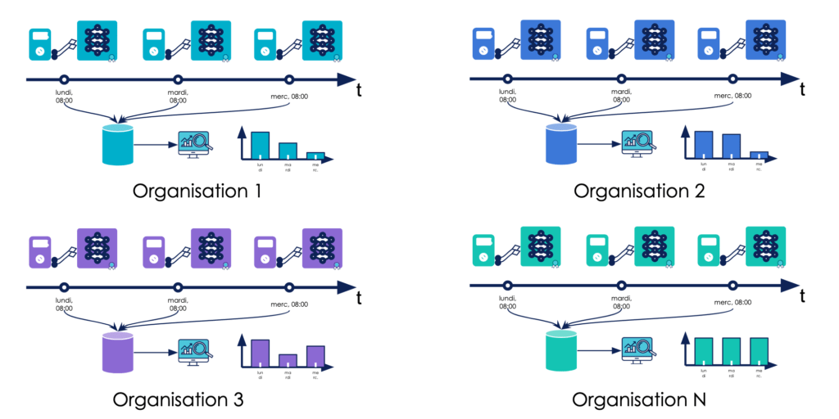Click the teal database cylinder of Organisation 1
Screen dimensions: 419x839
[x=117, y=145]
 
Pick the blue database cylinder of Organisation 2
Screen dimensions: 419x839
[x=562, y=145]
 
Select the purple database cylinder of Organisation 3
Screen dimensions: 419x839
[x=117, y=353]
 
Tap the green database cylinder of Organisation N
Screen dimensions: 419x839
[x=562, y=353]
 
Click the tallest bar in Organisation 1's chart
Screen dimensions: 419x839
[x=260, y=144]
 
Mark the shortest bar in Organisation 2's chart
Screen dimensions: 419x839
[x=759, y=154]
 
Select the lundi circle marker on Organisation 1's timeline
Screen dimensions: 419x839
[x=64, y=79]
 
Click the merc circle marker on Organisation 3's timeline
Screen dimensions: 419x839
[x=289, y=287]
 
